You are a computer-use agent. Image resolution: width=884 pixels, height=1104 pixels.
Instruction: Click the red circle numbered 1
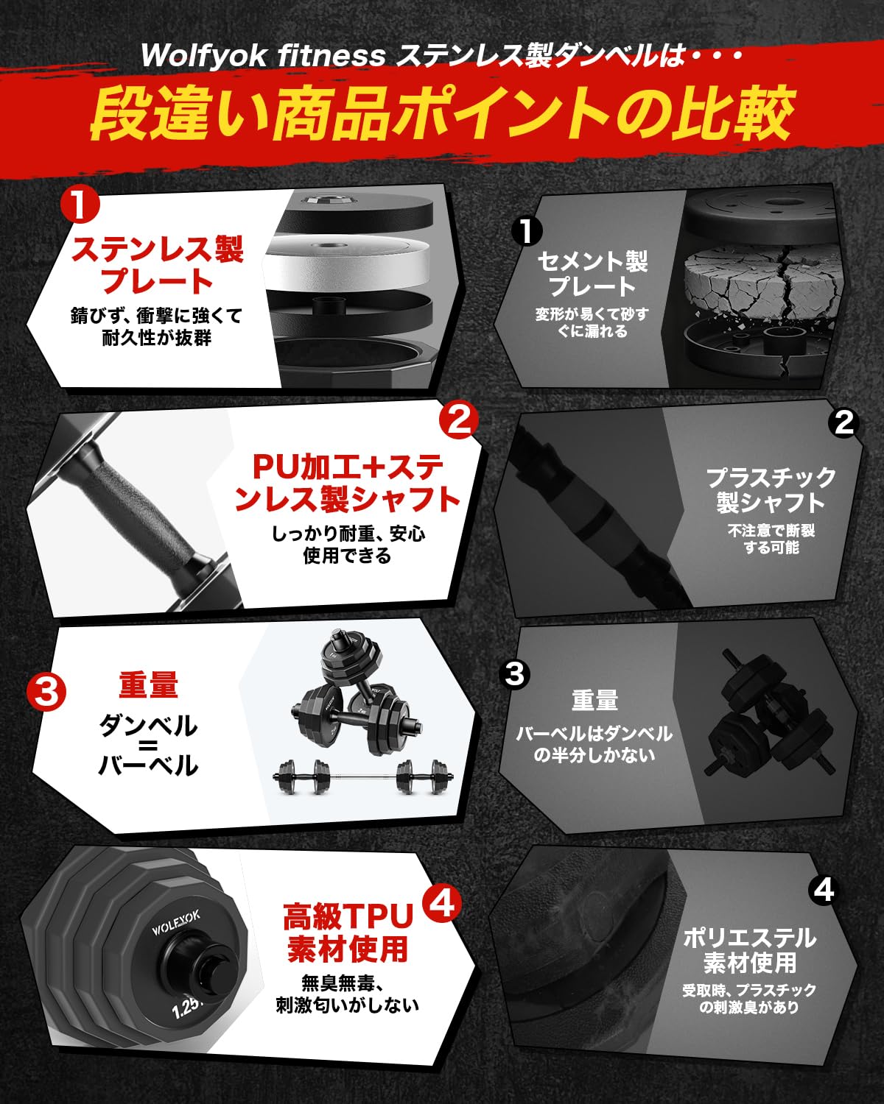(x=81, y=205)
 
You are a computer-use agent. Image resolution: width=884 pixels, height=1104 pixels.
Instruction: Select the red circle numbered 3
(x=46, y=693)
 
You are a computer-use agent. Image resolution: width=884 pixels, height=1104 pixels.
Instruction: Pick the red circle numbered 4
(x=442, y=903)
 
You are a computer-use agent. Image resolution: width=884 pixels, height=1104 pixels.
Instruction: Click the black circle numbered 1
(x=527, y=231)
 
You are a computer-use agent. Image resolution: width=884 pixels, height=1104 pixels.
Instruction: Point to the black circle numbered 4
(x=824, y=890)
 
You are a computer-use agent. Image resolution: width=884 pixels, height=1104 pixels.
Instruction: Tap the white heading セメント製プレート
(x=592, y=273)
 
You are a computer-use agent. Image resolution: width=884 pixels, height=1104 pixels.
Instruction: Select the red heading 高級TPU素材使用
(x=348, y=933)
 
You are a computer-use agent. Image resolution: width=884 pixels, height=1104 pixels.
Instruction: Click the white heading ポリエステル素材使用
(x=749, y=949)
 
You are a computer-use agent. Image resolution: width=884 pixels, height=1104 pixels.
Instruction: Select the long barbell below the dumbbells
(x=363, y=775)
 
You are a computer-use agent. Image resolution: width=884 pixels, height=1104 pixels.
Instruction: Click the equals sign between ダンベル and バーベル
(x=148, y=746)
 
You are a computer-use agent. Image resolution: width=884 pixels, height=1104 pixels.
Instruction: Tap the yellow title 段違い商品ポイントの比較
(x=442, y=114)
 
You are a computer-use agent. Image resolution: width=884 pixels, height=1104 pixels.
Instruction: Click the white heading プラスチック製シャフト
(x=771, y=489)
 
